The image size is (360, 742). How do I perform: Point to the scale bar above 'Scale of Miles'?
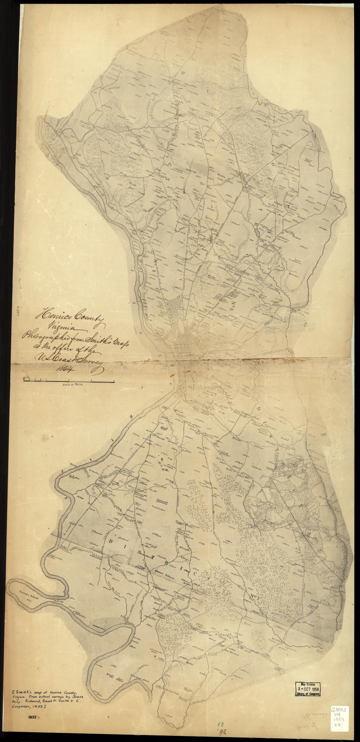69,381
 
